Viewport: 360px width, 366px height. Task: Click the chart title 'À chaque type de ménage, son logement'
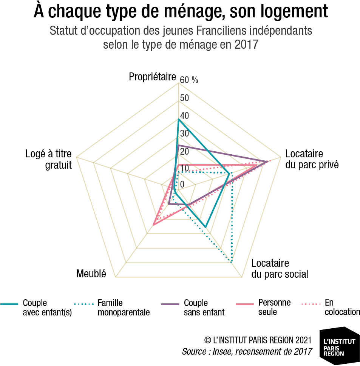(x=181, y=11)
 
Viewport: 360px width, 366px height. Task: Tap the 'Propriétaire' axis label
(x=152, y=77)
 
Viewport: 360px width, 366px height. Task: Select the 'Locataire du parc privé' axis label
(x=312, y=159)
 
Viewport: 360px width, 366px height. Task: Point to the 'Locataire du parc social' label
(x=280, y=269)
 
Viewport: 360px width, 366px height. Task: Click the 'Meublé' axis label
(x=91, y=274)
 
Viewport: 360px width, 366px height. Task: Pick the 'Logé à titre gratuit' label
(x=49, y=159)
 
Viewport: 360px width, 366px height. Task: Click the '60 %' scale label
(x=189, y=80)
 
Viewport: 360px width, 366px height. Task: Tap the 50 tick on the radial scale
(x=184, y=98)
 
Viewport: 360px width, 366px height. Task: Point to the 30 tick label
(x=184, y=133)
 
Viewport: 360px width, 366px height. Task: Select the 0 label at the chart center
(x=182, y=185)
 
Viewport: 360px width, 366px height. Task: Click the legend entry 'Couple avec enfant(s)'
(x=36, y=307)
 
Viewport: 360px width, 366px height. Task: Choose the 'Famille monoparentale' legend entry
(x=112, y=307)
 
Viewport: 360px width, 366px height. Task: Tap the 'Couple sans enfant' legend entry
(x=193, y=307)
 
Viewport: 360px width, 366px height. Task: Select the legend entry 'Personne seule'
(x=263, y=307)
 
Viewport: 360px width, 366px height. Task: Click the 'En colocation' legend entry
(x=331, y=307)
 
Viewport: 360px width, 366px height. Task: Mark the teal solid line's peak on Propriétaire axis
(x=178, y=120)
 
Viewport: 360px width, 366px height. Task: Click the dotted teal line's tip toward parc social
(x=231, y=262)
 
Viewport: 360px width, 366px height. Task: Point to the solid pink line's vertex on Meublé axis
(x=153, y=225)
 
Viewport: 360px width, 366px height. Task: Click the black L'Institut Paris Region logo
(x=340, y=346)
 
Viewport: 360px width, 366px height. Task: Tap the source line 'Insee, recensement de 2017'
(x=262, y=351)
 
